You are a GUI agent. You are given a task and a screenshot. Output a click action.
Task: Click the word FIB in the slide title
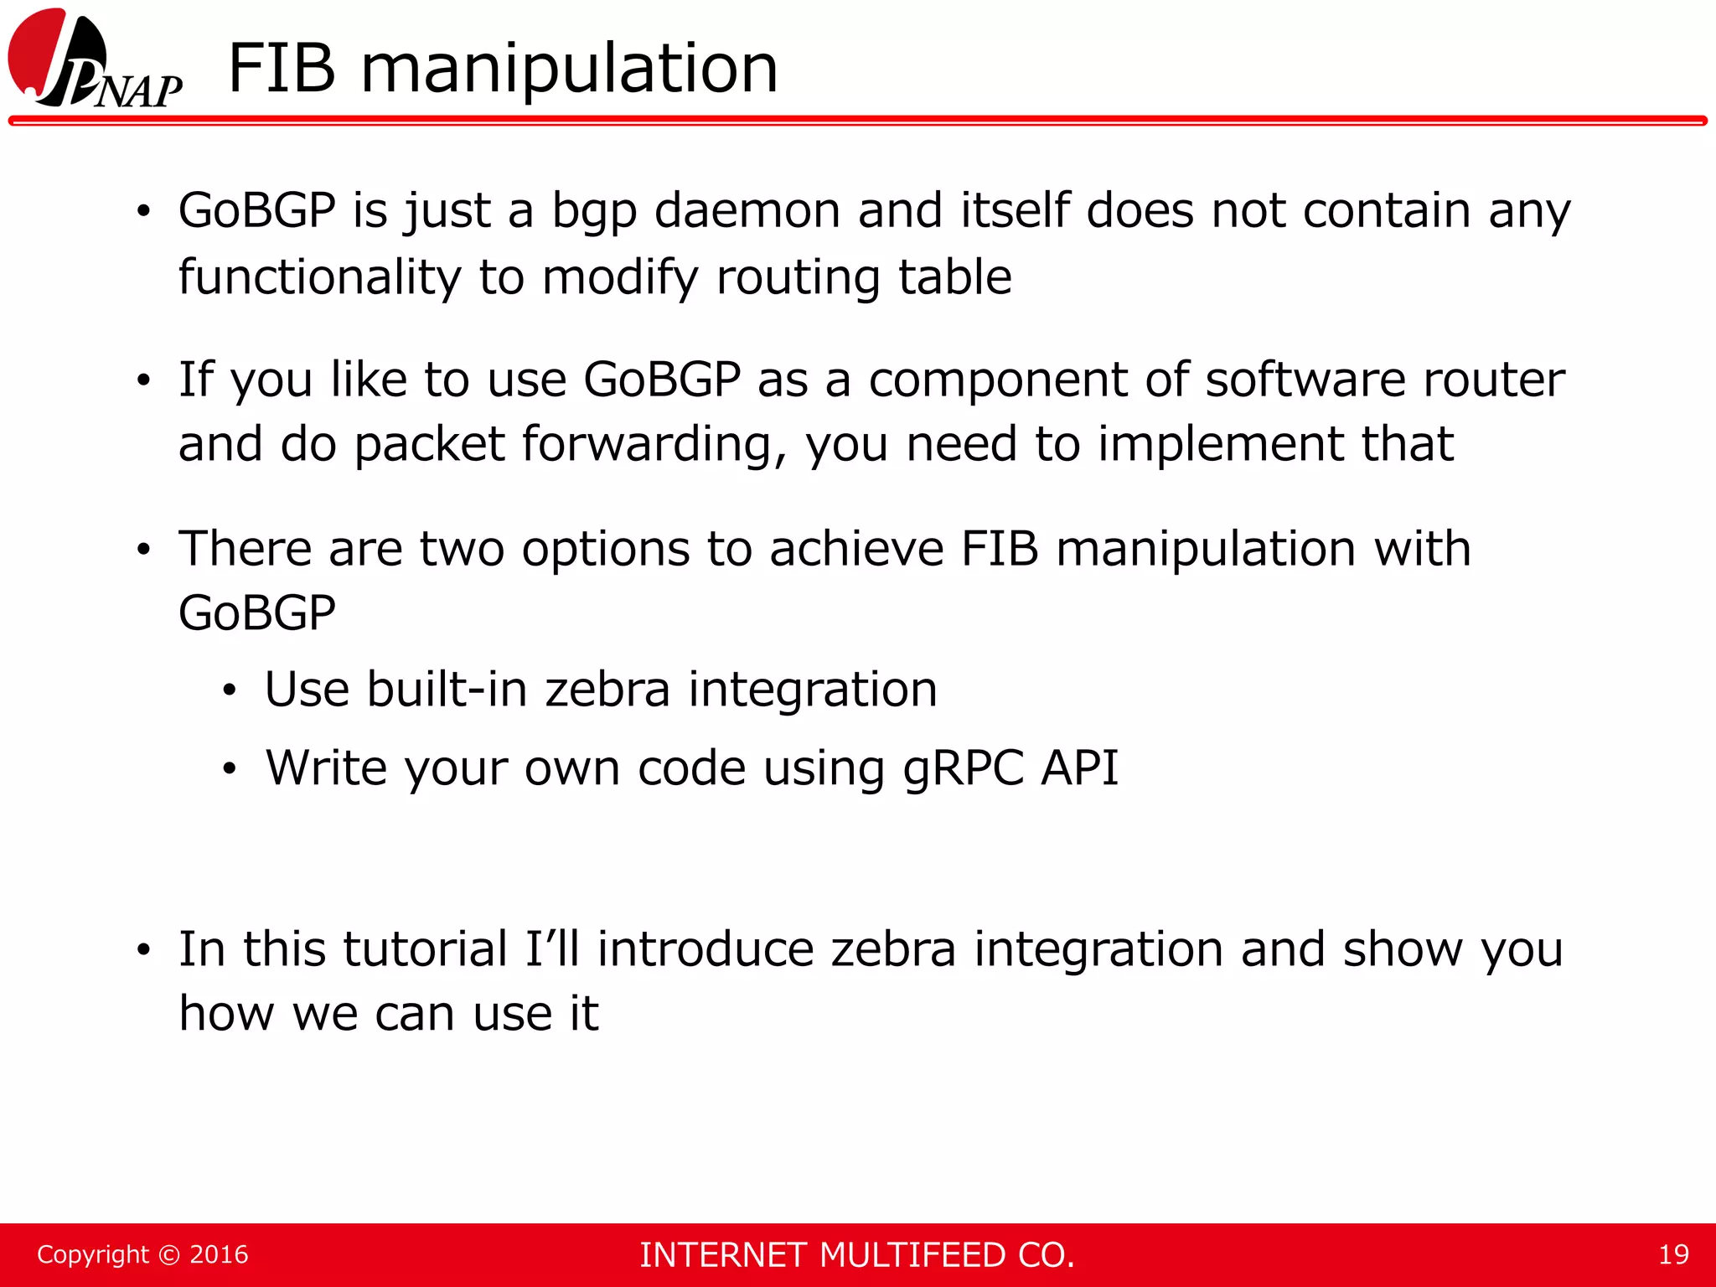(x=282, y=69)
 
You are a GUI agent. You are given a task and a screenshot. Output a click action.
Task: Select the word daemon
(x=747, y=210)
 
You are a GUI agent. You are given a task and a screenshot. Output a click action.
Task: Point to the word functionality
(x=319, y=278)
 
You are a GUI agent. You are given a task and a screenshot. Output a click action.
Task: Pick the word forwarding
(x=654, y=444)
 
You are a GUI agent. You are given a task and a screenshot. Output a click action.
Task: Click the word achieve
(x=856, y=550)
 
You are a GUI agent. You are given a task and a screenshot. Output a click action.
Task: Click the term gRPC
(x=964, y=768)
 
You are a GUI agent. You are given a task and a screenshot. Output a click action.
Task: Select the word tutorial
(x=426, y=949)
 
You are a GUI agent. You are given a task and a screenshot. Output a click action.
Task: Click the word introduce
(x=706, y=949)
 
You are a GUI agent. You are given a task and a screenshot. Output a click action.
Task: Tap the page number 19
(x=1673, y=1254)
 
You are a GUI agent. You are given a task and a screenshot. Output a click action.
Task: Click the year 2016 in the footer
(x=219, y=1254)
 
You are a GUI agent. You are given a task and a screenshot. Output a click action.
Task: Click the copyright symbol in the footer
(x=169, y=1255)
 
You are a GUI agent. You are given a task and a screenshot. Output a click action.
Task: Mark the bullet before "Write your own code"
(x=230, y=768)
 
